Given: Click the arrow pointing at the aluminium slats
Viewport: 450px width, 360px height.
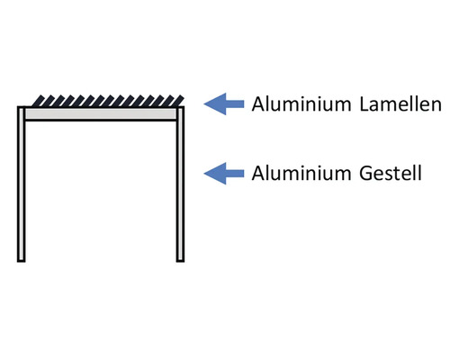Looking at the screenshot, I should tap(225, 104).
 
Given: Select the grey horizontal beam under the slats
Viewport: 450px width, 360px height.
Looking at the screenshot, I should tap(101, 115).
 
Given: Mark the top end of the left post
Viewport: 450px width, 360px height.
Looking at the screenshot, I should tap(21, 110).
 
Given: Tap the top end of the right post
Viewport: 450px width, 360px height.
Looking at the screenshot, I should tap(180, 110).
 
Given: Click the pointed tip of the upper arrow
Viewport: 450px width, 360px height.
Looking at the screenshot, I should tap(206, 104).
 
